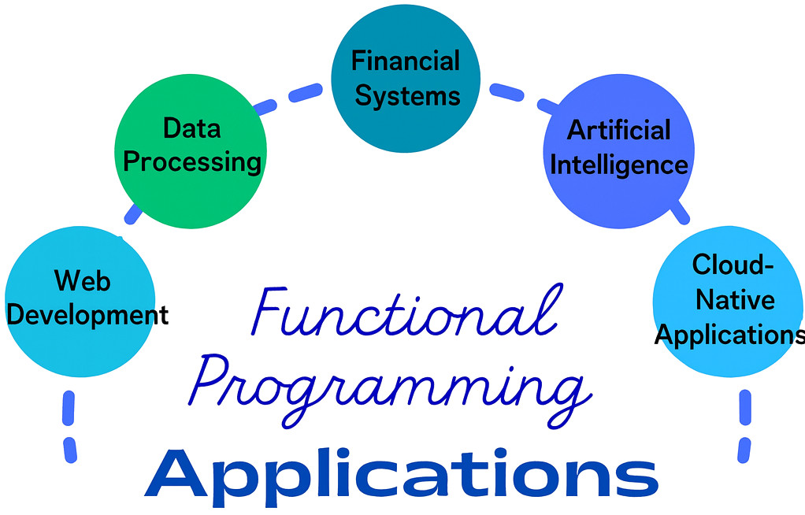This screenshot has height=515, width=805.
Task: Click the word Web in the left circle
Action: pyautogui.click(x=82, y=281)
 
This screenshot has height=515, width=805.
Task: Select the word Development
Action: pyautogui.click(x=87, y=315)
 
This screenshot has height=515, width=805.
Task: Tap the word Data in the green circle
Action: pyautogui.click(x=191, y=128)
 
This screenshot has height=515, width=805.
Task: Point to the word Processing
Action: pyautogui.click(x=192, y=163)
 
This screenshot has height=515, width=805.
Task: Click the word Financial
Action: pyautogui.click(x=406, y=61)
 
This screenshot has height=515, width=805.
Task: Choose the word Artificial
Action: pyautogui.click(x=618, y=130)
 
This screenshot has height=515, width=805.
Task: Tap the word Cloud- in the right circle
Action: pyautogui.click(x=733, y=265)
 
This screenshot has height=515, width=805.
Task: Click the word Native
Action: pyautogui.click(x=735, y=300)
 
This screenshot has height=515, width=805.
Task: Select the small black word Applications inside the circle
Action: pyautogui.click(x=729, y=335)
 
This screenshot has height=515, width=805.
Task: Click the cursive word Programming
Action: pyautogui.click(x=390, y=391)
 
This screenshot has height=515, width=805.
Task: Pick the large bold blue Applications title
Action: pyautogui.click(x=402, y=477)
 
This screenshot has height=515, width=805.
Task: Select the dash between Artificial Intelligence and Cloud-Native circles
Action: pyautogui.click(x=681, y=212)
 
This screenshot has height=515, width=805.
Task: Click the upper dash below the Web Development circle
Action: pyautogui.click(x=69, y=408)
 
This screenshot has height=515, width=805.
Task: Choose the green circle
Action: pyautogui.click(x=191, y=151)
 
